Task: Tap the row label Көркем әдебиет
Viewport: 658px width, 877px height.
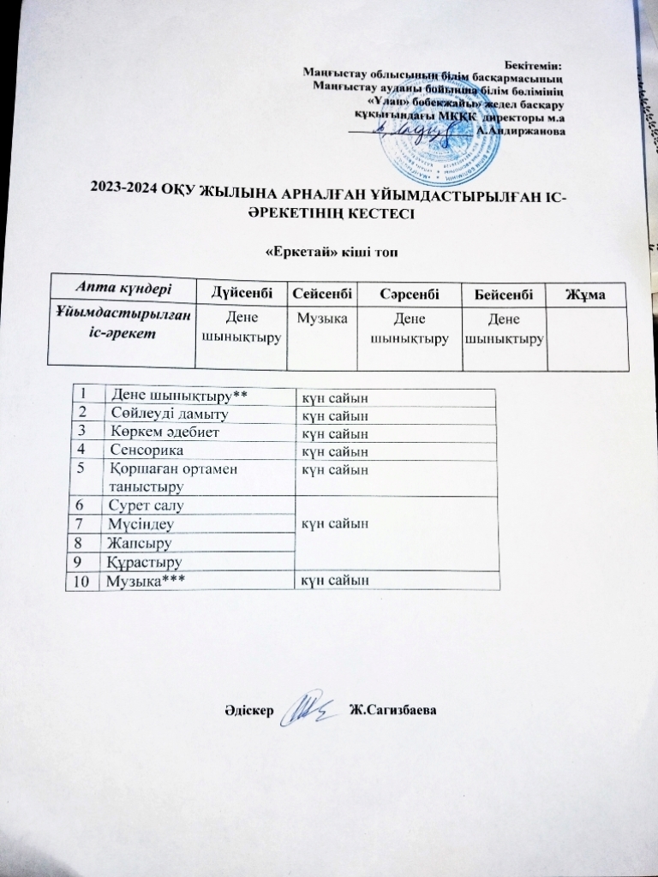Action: point(159,432)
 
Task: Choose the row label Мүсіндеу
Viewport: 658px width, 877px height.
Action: point(140,523)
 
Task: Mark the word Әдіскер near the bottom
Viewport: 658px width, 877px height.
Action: point(247,711)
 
